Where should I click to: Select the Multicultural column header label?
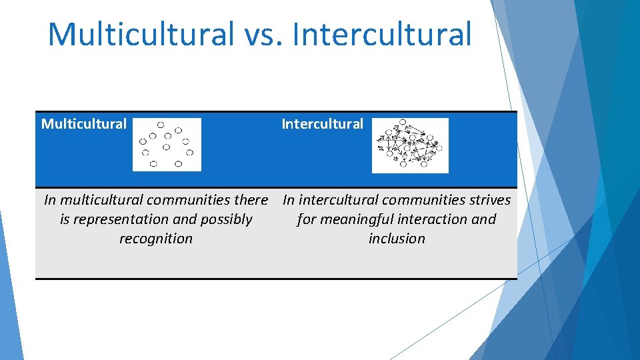click(84, 124)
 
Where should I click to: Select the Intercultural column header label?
click(322, 124)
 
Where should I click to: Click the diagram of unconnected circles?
click(167, 145)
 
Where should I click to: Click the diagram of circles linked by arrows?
click(410, 145)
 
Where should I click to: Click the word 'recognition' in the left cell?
click(156, 239)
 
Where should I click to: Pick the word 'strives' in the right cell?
click(489, 200)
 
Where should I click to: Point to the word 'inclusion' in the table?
click(397, 239)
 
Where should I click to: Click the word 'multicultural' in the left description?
click(101, 200)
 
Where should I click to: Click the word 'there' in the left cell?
click(252, 200)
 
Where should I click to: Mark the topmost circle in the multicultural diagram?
click(161, 125)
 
